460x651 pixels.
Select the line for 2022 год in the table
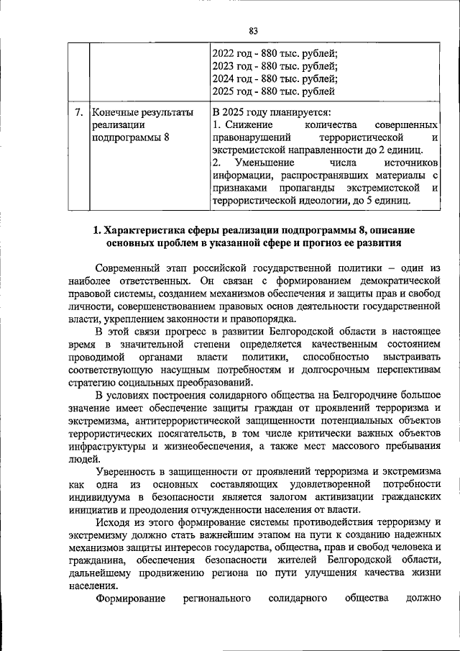click(275, 53)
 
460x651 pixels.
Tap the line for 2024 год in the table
click(275, 78)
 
